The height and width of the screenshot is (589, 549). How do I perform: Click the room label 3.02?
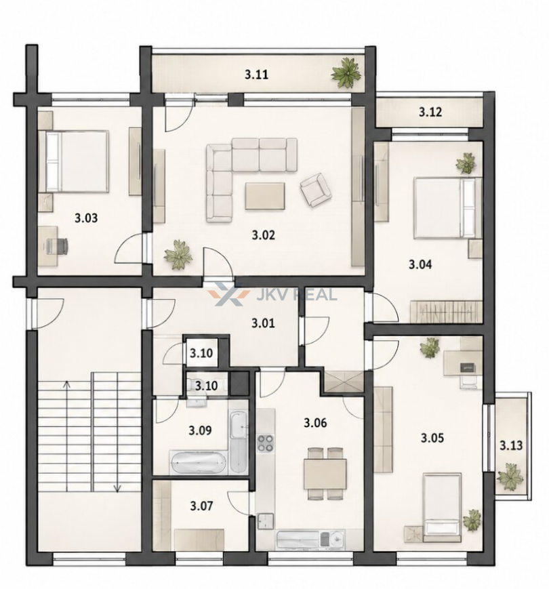point(263,235)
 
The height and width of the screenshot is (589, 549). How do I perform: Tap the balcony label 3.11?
point(256,75)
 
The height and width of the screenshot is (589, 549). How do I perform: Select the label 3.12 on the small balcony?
point(430,112)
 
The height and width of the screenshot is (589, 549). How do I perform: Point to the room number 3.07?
point(201,506)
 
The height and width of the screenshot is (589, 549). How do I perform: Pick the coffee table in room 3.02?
point(265,196)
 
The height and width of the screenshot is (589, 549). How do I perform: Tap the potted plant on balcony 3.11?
point(346,73)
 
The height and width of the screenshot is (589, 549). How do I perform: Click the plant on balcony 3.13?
point(510,476)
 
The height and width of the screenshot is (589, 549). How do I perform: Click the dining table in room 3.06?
point(325,473)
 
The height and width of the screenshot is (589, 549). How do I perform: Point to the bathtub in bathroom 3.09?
point(198,462)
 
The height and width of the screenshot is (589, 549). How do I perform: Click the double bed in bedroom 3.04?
point(447,208)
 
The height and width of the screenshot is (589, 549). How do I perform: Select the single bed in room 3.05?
point(442,507)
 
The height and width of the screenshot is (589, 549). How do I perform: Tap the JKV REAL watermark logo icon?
point(228,294)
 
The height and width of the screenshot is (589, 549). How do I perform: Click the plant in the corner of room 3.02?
point(178,254)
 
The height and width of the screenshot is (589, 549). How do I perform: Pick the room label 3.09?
point(200,430)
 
